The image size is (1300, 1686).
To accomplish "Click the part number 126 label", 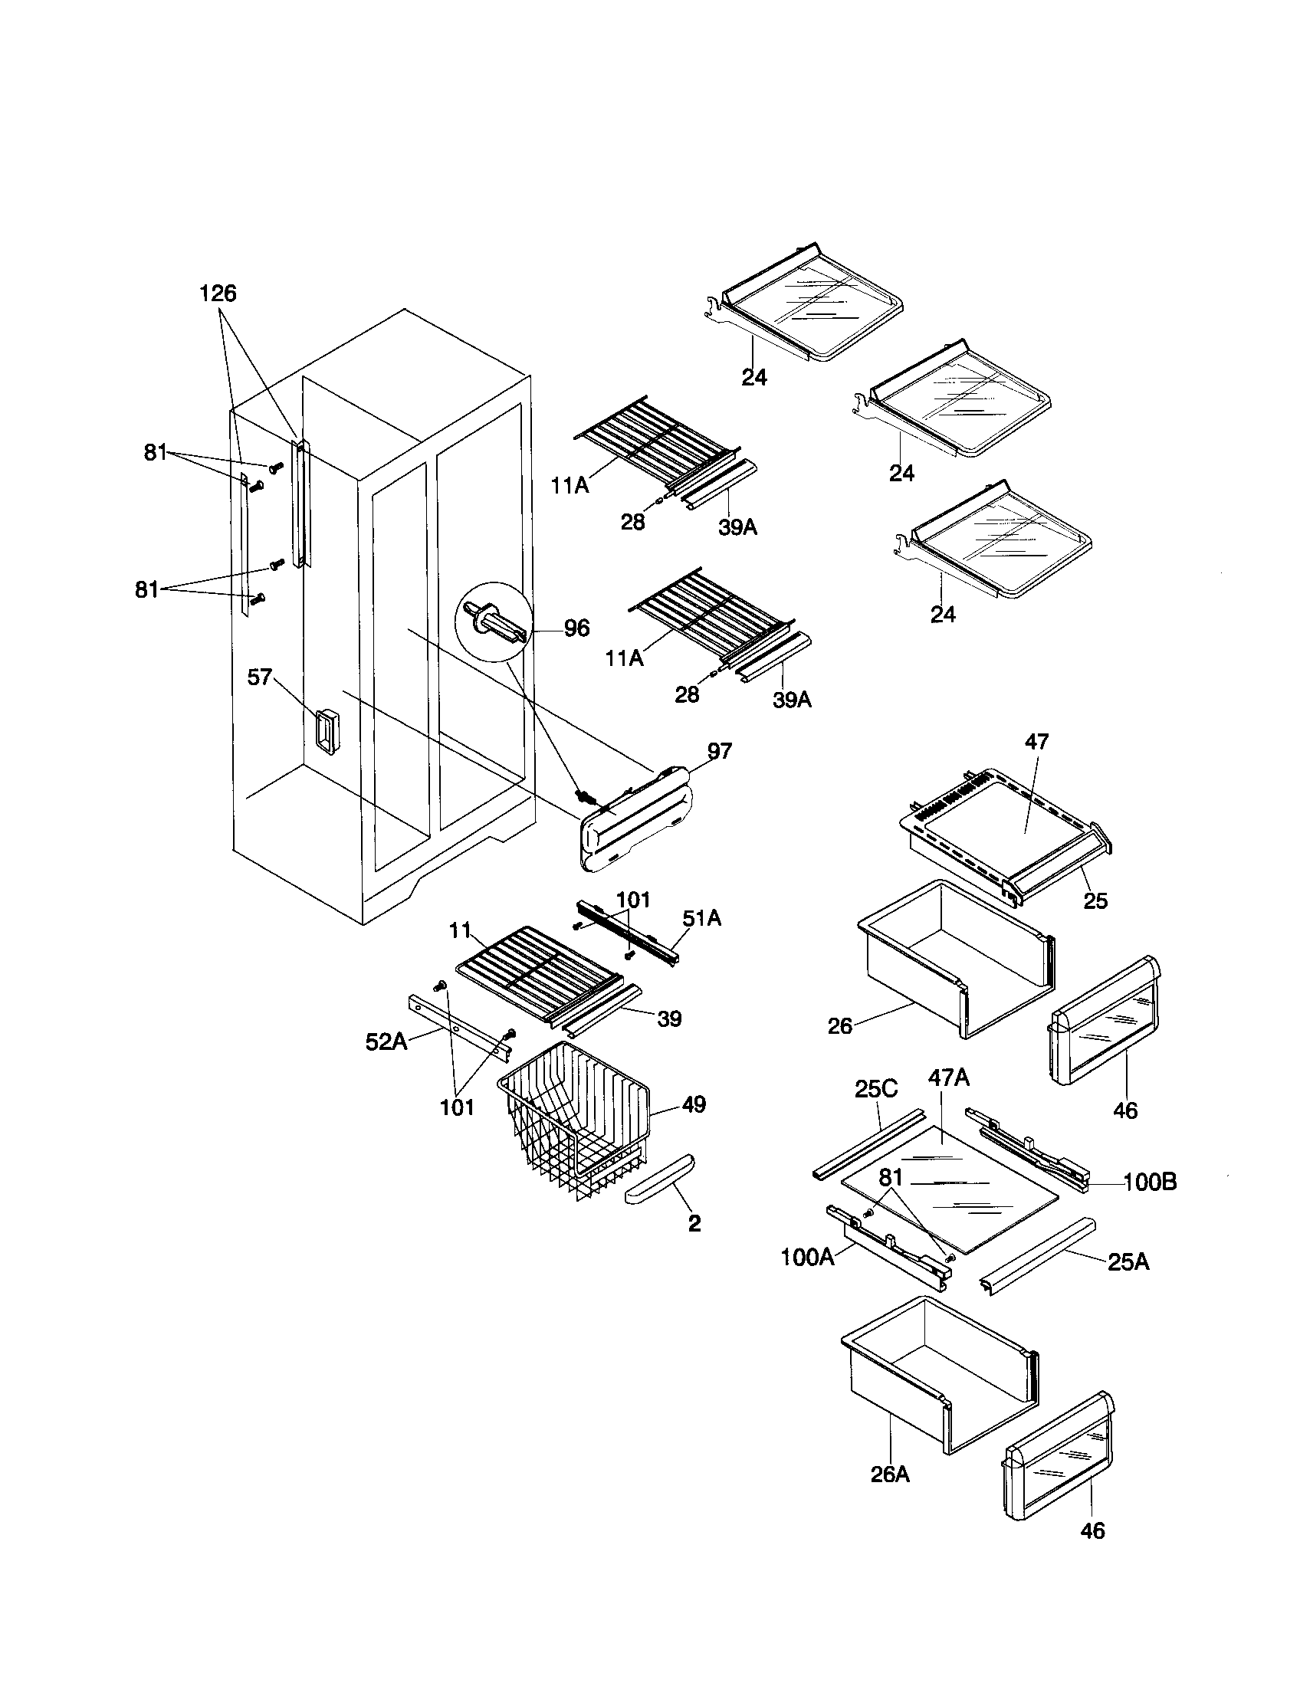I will [218, 294].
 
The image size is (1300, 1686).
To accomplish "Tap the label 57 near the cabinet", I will [259, 677].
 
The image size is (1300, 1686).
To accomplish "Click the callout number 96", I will [576, 628].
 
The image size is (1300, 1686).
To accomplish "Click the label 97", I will [719, 751].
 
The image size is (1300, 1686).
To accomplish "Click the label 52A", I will [386, 1043].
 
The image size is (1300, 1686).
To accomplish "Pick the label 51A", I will [701, 918].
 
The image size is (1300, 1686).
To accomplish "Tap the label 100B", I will [1150, 1182].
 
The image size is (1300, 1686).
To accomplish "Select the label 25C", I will [876, 1089].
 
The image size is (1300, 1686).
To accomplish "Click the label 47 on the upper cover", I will [1037, 742].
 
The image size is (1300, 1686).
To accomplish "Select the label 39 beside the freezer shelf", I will [669, 1019].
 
